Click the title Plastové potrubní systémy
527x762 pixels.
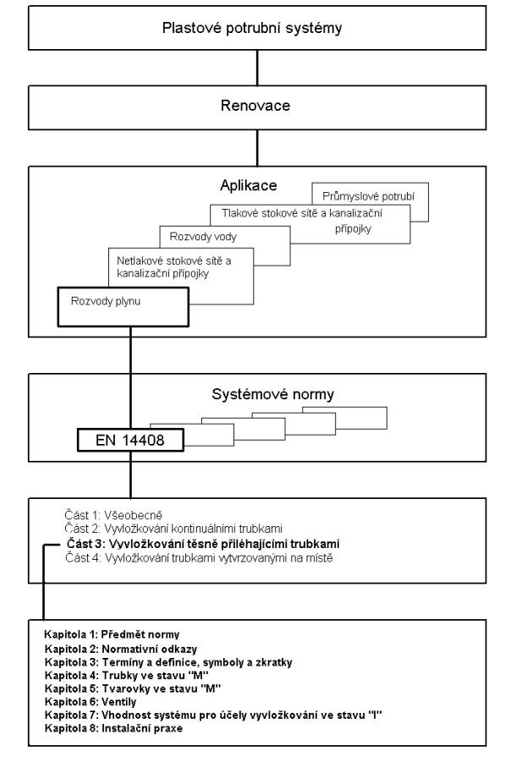252,28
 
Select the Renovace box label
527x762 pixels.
255,106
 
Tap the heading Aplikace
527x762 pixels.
249,185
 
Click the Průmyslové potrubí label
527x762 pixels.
369,197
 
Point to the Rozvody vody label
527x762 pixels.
203,237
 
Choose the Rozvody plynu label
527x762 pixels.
106,301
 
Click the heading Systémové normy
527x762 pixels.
272,394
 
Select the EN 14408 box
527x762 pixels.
130,441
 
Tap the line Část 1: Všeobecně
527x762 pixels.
113,515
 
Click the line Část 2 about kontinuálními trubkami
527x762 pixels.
173,529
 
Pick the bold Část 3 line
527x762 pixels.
203,543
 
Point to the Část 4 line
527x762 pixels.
200,558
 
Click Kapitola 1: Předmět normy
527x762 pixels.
112,634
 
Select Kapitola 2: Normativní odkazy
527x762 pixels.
121,649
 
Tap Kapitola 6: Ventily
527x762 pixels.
91,702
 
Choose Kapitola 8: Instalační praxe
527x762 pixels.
113,728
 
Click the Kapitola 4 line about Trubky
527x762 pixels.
127,676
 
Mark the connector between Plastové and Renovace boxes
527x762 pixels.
257,68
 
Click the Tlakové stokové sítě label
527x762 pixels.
302,221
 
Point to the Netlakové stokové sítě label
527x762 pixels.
174,266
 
